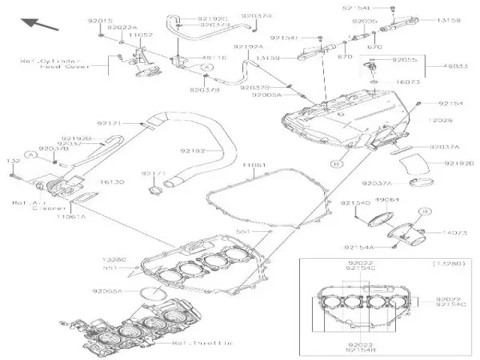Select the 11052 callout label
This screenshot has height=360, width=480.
pos(140,34)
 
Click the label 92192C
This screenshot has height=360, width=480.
pos(214,18)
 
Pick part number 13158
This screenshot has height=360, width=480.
pos(448,21)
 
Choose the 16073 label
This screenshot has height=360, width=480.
pos(407,81)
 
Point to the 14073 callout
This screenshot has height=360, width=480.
pos(449,233)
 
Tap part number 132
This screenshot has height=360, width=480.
pos(13,160)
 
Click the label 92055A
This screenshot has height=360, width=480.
pos(107,291)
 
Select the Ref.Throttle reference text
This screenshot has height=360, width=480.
pos(202,343)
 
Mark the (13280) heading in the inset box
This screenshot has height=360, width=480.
pos(448,264)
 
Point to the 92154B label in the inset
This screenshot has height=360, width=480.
pos(360,350)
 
